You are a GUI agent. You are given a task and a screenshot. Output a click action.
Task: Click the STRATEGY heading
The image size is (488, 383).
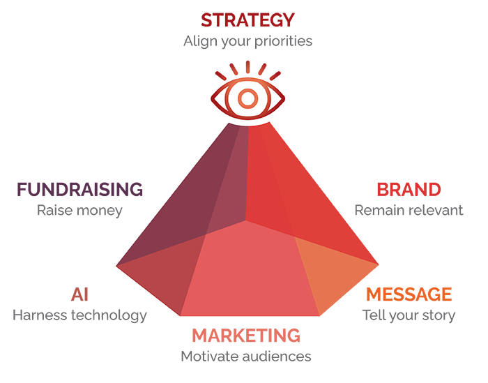click(247, 19)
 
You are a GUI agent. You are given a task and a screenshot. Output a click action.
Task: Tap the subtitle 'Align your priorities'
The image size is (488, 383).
click(247, 40)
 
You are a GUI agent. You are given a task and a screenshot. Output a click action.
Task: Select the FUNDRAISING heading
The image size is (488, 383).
click(79, 189)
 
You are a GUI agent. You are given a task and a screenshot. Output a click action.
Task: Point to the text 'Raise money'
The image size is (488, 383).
click(79, 210)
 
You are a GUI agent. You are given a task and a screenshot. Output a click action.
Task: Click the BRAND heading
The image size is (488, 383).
click(409, 189)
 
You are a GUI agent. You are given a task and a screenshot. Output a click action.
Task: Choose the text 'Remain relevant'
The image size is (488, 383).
click(409, 210)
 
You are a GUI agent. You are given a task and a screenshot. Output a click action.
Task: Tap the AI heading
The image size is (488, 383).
click(79, 294)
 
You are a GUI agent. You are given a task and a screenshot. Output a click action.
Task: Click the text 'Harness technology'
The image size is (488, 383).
click(79, 315)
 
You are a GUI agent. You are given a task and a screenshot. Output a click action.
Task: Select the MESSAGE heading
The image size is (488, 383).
click(409, 294)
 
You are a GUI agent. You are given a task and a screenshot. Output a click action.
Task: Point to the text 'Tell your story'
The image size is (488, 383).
click(409, 315)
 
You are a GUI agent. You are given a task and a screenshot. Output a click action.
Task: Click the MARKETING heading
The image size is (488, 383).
click(246, 336)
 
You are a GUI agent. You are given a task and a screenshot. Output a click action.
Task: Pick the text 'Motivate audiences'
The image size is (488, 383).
click(246, 356)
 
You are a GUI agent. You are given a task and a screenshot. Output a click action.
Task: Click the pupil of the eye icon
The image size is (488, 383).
click(247, 97)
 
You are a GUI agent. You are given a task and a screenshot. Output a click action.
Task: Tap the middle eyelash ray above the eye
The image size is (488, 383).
click(247, 66)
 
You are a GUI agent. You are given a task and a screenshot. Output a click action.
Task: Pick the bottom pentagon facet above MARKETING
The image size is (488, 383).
click(247, 276)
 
